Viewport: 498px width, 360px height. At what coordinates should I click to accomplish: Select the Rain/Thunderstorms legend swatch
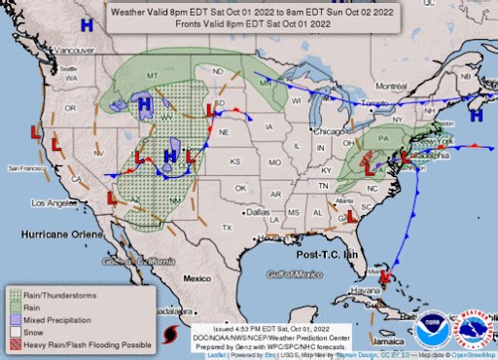[14, 295]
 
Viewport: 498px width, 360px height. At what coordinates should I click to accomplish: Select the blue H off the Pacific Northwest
[88, 23]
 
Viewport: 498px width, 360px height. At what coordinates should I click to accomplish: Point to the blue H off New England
[477, 115]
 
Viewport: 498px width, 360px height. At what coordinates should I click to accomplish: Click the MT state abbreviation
[151, 76]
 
